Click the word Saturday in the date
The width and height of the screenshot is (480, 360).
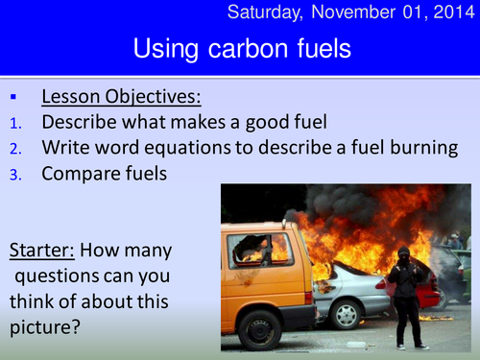pos(277,12)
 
